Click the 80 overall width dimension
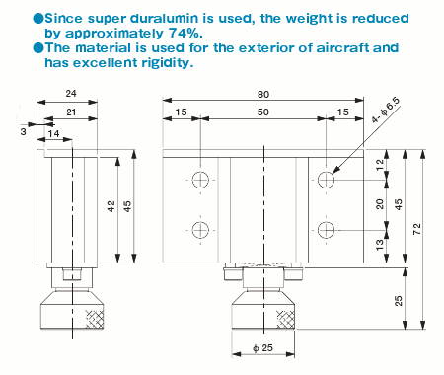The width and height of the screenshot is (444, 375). tap(264, 95)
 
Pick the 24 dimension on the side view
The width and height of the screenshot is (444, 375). tap(71, 95)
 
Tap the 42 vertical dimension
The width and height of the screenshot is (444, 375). tap(112, 206)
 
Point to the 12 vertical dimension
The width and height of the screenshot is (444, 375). tap(379, 166)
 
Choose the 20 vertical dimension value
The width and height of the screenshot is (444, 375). tap(379, 204)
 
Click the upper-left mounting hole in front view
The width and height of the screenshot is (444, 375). tap(201, 180)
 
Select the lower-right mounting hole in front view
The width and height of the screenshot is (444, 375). tap(327, 230)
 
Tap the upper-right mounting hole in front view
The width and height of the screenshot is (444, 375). tap(327, 180)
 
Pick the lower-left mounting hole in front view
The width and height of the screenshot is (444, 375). tap(201, 230)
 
